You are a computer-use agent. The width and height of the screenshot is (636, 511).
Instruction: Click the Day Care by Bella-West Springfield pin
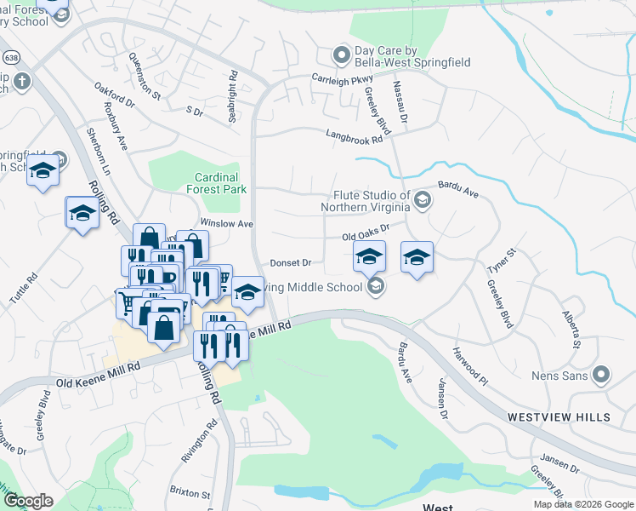[341, 56]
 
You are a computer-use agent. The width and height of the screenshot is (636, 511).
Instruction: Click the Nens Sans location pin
[602, 374]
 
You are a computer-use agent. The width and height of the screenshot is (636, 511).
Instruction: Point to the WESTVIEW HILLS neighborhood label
[559, 417]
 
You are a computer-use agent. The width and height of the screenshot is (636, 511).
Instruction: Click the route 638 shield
[10, 58]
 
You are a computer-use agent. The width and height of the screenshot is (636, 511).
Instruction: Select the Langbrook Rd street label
[355, 135]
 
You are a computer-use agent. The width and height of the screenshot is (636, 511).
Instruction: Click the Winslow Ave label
[227, 223]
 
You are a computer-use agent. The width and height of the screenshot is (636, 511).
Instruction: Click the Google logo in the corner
[28, 501]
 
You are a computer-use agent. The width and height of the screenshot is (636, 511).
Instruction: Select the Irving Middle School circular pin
[376, 287]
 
